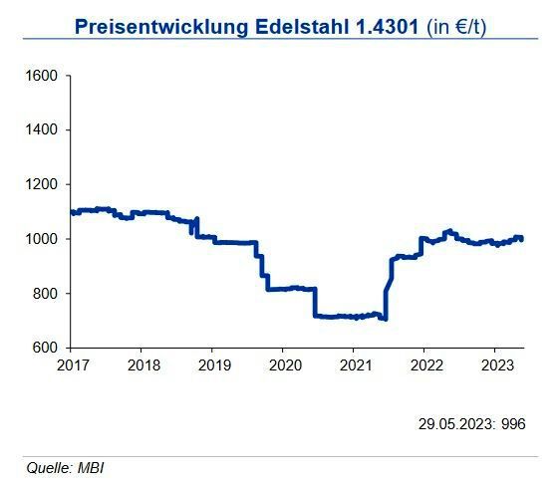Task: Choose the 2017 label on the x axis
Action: pyautogui.click(x=72, y=364)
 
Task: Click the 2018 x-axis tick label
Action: pyautogui.click(x=142, y=364)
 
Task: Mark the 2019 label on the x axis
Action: pyautogui.click(x=213, y=364)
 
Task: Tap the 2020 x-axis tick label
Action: pyautogui.click(x=284, y=364)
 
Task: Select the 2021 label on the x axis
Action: pyautogui.click(x=355, y=364)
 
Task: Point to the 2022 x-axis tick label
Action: pyautogui.click(x=425, y=364)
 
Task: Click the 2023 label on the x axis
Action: pyautogui.click(x=496, y=364)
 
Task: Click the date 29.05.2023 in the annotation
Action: pyautogui.click(x=454, y=423)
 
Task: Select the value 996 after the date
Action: pyautogui.click(x=513, y=423)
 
